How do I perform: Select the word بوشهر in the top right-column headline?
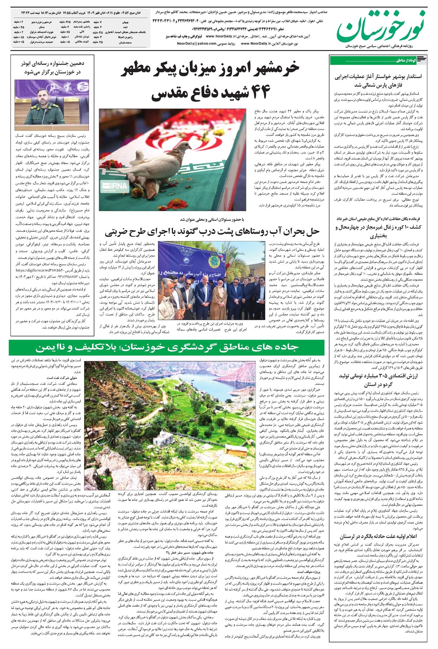pyautogui.click(x=400, y=77)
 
